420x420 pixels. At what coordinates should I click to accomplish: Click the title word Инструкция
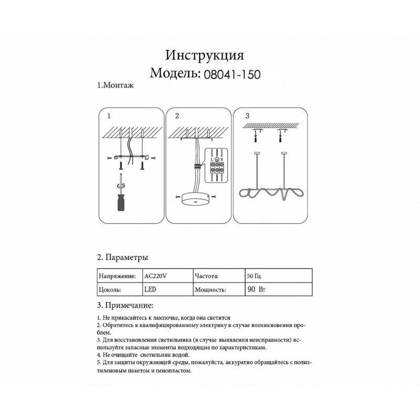(204, 56)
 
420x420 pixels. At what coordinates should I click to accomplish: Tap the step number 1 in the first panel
(109, 115)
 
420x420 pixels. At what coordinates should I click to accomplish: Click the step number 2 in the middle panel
(177, 115)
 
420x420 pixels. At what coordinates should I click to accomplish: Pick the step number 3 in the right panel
(247, 115)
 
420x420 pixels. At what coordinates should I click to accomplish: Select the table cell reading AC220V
(155, 275)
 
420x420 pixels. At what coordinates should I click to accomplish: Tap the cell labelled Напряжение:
(117, 275)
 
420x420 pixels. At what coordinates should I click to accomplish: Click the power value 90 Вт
(256, 289)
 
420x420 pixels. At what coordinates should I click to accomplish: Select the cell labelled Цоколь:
(110, 289)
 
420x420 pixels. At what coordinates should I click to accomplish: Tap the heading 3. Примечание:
(125, 305)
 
